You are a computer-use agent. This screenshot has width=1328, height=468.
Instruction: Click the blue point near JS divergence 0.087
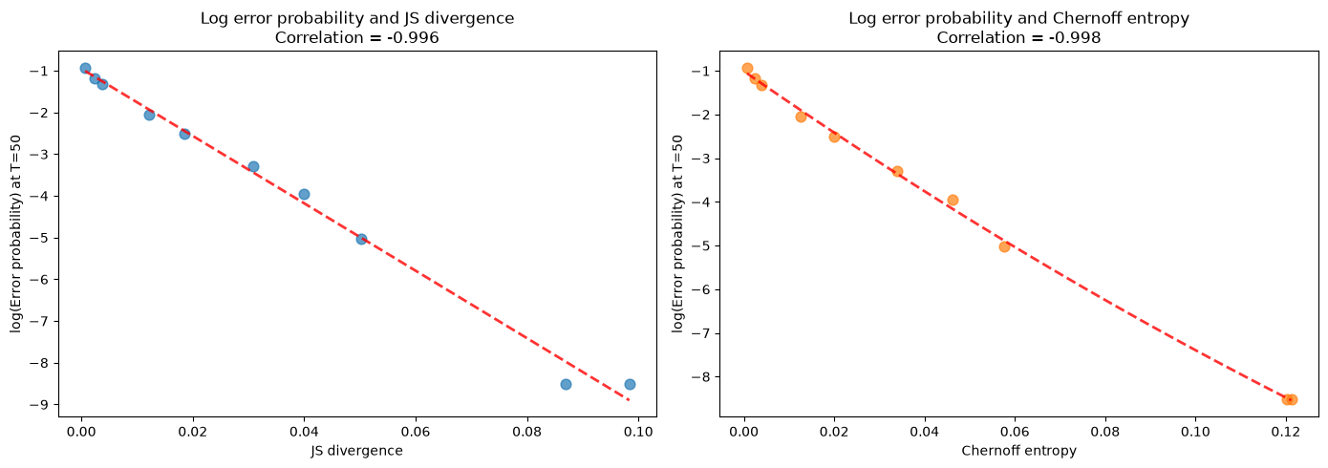pos(566,385)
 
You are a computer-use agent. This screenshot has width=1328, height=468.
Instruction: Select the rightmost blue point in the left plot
pos(630,385)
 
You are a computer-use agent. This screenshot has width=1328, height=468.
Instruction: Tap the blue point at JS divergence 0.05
pos(361,240)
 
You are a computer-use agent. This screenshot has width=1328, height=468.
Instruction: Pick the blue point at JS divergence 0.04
pos(304,194)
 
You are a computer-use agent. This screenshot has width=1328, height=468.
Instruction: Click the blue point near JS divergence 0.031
pos(253,166)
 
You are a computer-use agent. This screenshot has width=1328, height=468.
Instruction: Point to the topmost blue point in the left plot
pos(85,68)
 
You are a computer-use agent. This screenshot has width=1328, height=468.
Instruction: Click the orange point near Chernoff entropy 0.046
pos(953,201)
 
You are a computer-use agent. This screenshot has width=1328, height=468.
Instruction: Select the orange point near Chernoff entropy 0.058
pos(1004,246)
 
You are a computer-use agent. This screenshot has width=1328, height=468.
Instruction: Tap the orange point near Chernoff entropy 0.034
pos(897,171)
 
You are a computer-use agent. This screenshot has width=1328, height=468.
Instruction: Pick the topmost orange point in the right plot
pos(747,68)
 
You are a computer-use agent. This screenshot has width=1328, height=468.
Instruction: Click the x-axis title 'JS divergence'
pos(357,451)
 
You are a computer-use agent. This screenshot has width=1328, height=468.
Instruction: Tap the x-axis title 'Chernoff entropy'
pos(1018,451)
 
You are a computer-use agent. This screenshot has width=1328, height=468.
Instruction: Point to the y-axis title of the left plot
pos(16,234)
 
